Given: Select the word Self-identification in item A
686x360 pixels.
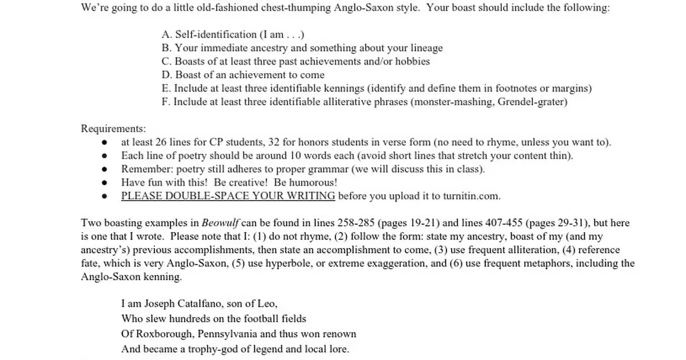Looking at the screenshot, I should [x=212, y=34].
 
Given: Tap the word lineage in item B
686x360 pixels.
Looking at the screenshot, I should [x=425, y=48].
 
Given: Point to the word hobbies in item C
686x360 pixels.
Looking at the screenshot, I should [x=413, y=61].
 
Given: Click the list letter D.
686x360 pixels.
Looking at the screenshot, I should [x=166, y=75].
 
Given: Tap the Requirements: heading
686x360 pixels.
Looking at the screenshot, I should [x=113, y=128].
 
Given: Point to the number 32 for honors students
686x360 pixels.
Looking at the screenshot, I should [x=285, y=142].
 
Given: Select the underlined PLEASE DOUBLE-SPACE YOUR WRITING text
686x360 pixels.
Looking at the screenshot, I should [x=228, y=196].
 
